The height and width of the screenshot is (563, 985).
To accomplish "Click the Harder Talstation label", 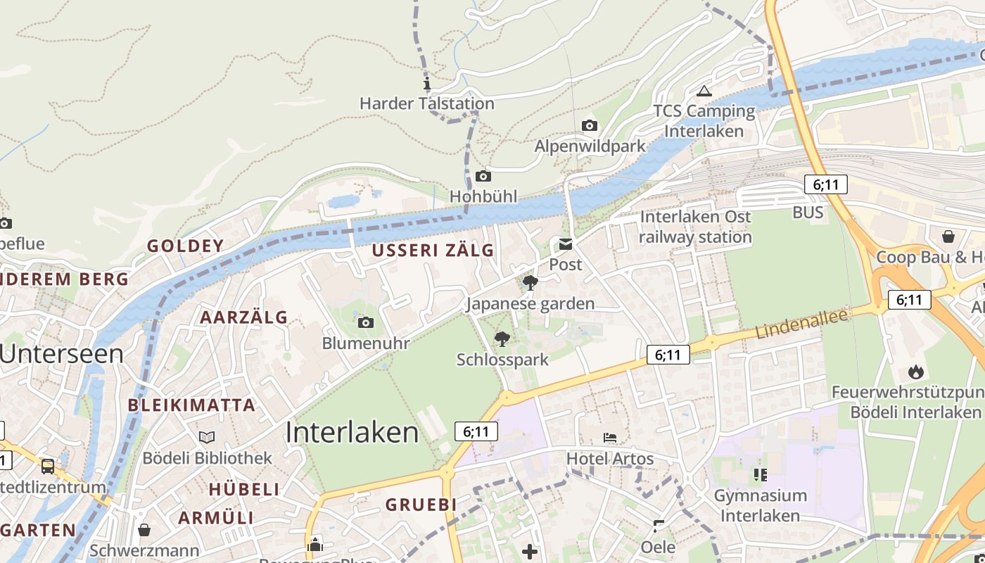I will click(x=427, y=103).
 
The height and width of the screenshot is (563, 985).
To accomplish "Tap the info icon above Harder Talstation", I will click(x=426, y=84).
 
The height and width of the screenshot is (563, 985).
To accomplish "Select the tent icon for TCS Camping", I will click(x=704, y=91).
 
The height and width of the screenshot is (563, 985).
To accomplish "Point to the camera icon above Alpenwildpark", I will click(x=590, y=126).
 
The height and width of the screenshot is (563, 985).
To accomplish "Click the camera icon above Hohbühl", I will click(x=483, y=176).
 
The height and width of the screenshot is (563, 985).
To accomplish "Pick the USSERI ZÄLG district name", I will click(x=433, y=251).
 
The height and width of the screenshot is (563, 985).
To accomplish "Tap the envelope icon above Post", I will click(x=566, y=245).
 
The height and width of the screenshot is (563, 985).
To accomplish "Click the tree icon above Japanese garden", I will click(x=530, y=283).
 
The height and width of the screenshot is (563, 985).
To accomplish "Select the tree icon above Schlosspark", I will click(x=502, y=339).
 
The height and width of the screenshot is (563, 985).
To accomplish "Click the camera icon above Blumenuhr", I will click(x=366, y=322).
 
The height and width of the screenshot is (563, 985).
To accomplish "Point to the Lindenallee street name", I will click(x=802, y=324).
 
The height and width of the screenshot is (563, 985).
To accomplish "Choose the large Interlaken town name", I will click(x=352, y=432).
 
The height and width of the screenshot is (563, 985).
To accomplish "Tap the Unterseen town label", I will click(x=62, y=353).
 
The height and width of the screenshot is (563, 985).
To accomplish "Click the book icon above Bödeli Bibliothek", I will click(x=207, y=437).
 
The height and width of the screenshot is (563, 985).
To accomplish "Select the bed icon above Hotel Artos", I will click(x=610, y=438).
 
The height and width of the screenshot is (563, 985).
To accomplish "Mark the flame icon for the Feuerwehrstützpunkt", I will click(x=915, y=371).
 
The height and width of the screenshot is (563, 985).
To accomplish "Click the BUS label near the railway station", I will click(x=808, y=213).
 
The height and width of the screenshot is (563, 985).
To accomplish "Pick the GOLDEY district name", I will click(x=185, y=246).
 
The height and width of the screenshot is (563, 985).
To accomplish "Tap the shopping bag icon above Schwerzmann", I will click(x=144, y=529).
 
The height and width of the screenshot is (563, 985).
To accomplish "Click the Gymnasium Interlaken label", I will click(x=761, y=505).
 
